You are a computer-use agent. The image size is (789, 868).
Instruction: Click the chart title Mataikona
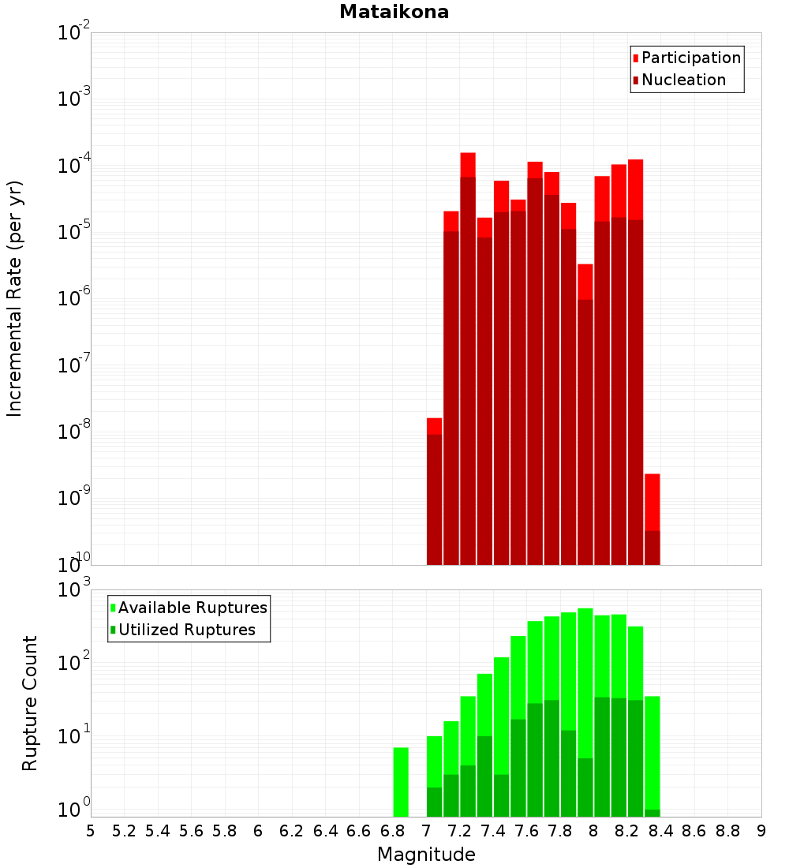[x=394, y=12]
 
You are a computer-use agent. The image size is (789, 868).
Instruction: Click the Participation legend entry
[x=691, y=58]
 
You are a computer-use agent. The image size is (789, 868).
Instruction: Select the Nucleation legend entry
[x=683, y=80]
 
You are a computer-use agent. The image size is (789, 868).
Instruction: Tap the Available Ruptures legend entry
[x=193, y=608]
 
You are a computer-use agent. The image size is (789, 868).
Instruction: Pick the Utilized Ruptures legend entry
[x=186, y=630]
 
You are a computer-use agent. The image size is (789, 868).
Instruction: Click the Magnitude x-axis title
[x=426, y=855]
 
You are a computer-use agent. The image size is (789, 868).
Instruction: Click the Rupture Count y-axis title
[x=30, y=702]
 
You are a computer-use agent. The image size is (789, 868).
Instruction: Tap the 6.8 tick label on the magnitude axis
[x=392, y=831]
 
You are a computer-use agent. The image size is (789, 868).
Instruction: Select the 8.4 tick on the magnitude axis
[x=661, y=831]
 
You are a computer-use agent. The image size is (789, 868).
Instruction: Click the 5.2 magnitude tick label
[x=124, y=831]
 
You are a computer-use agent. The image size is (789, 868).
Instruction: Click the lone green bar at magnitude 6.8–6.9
[x=401, y=781]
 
